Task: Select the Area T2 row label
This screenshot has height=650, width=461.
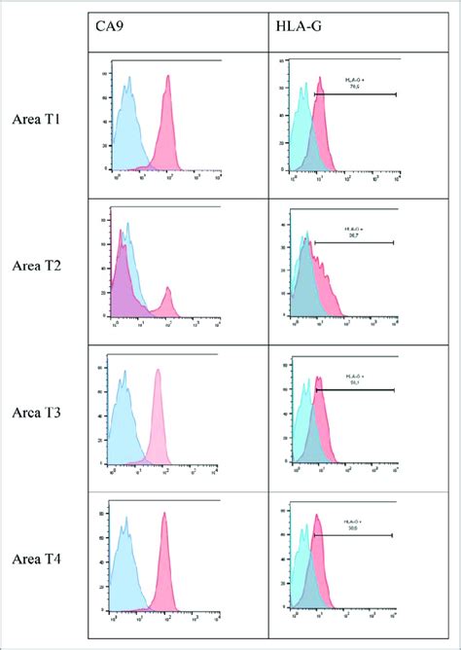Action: coord(40,266)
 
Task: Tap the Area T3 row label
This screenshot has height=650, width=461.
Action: coord(40,414)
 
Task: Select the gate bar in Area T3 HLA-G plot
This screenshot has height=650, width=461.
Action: coord(355,390)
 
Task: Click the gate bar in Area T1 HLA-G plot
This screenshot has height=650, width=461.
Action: coord(356,94)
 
